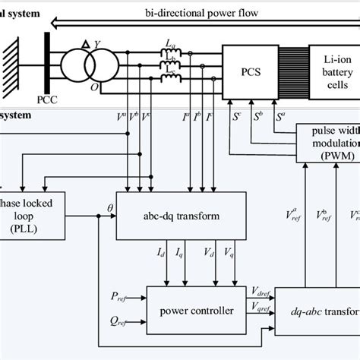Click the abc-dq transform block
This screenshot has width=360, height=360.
(180, 216)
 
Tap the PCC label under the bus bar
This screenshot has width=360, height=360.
(46, 99)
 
